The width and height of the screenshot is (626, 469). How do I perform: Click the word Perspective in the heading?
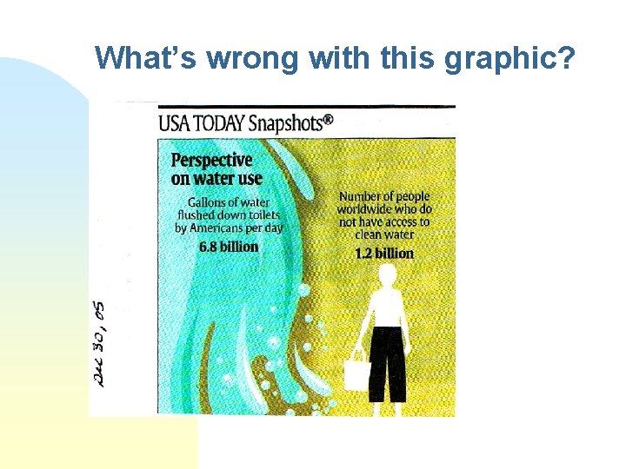click(x=211, y=161)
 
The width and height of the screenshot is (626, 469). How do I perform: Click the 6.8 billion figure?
click(x=229, y=247)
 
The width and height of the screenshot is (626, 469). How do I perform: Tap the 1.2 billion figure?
click(x=384, y=254)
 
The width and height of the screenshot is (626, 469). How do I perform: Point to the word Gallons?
click(x=199, y=202)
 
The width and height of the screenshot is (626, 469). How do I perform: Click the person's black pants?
click(x=387, y=358)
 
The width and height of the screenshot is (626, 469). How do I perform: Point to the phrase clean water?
click(x=385, y=234)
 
